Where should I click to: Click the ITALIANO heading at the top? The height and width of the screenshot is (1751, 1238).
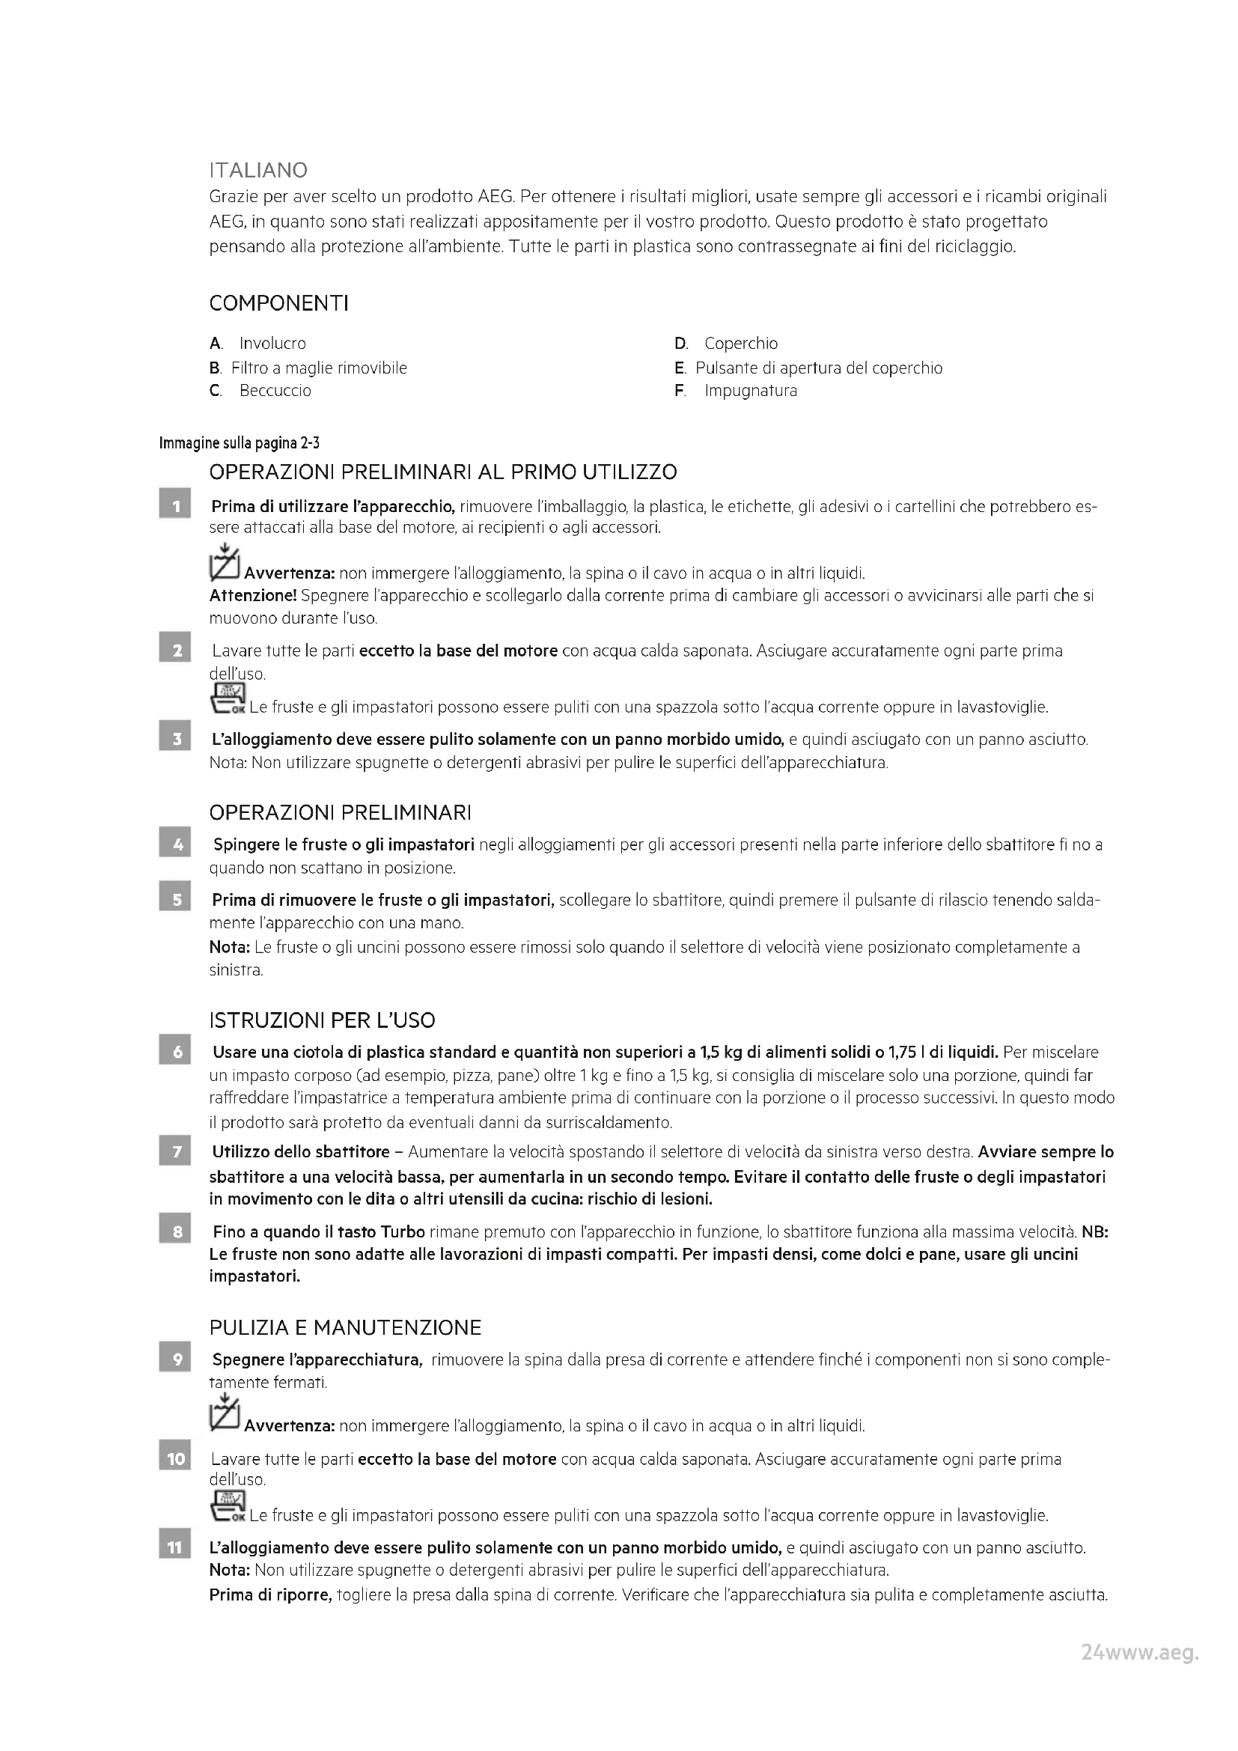258,169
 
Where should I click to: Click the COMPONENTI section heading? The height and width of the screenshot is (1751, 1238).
278,303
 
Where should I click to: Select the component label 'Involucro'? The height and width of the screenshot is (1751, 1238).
272,343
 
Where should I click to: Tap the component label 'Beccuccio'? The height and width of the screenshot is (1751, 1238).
275,391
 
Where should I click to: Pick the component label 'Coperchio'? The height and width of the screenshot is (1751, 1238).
740,343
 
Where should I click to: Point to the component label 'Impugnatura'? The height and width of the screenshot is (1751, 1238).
750,391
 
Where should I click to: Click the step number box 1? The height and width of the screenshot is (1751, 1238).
174,506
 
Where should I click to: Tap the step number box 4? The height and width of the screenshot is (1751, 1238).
174,845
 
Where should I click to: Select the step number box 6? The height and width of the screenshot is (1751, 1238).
174,1053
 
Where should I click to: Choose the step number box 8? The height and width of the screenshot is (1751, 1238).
174,1231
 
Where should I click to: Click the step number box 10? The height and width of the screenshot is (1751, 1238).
174,1459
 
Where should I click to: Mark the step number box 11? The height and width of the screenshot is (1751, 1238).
174,1547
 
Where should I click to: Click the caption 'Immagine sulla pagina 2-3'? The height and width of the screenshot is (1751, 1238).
239,443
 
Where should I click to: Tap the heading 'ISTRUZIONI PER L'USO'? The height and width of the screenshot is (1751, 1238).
322,1020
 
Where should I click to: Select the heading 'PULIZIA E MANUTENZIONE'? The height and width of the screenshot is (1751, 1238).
344,1328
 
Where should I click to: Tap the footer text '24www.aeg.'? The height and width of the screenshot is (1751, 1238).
1139,1668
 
